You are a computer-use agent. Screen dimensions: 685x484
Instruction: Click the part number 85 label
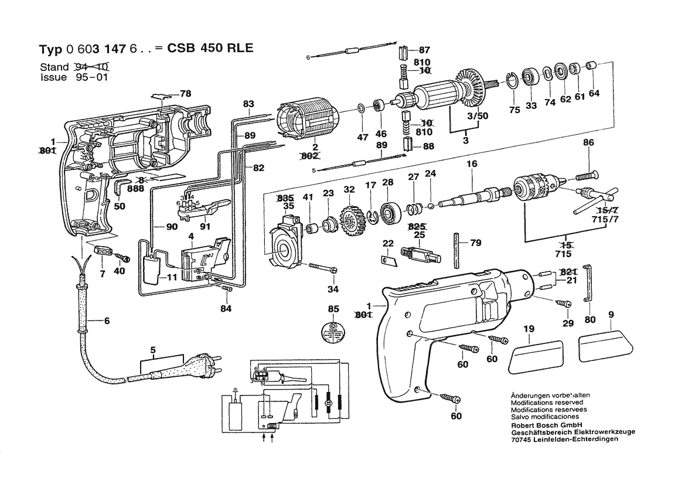[x=333, y=309]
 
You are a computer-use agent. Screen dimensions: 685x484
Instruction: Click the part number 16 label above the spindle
[x=472, y=164]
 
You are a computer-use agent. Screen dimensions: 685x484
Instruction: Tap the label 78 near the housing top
[x=186, y=94]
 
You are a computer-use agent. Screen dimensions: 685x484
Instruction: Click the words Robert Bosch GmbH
[x=546, y=425]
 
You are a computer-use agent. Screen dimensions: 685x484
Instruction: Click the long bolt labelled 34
[x=323, y=267]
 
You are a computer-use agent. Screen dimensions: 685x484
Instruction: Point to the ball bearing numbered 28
[x=387, y=213]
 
